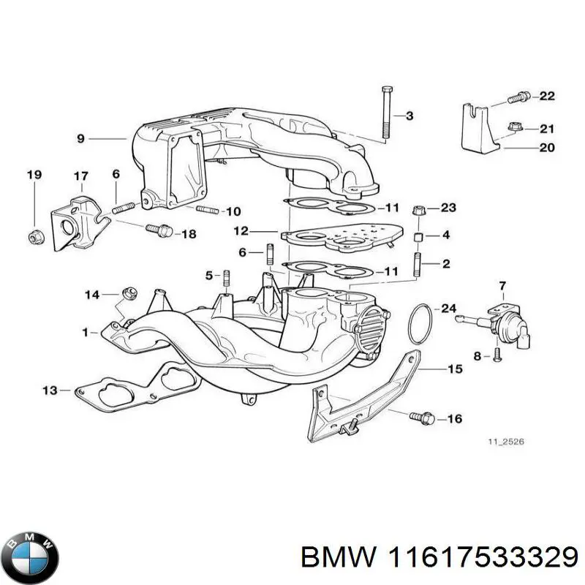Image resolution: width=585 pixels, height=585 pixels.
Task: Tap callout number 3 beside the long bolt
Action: pyautogui.click(x=409, y=116)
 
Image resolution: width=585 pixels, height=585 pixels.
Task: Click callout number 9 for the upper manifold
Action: pyautogui.click(x=80, y=137)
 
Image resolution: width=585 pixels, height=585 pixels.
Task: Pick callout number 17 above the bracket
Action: pyautogui.click(x=80, y=175)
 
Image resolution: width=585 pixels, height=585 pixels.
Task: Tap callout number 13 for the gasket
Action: pyautogui.click(x=49, y=390)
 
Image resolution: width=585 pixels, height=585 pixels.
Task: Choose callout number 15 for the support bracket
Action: pyautogui.click(x=455, y=369)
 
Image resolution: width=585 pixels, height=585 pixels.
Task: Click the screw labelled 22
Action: pyautogui.click(x=519, y=96)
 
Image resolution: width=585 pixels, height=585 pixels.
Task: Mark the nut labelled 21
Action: pyautogui.click(x=511, y=129)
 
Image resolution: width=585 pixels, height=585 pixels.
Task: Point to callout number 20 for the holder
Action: pyautogui.click(x=547, y=147)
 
